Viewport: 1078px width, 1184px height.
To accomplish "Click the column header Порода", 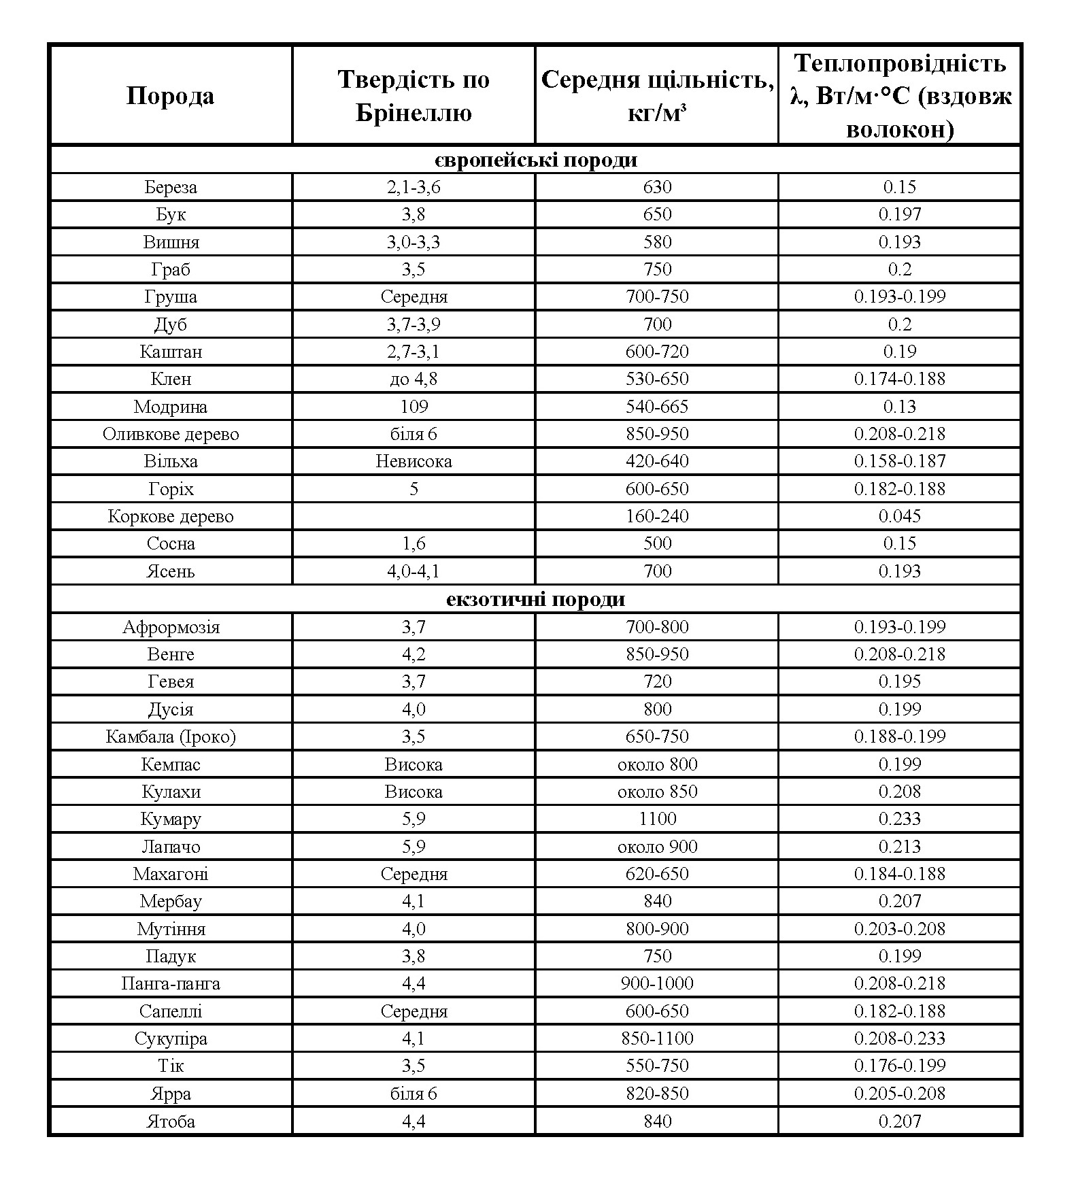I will pyautogui.click(x=170, y=96).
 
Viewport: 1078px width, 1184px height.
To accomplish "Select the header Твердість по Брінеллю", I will pyautogui.click(x=414, y=96).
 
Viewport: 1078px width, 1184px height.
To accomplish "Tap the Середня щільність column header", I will pyautogui.click(x=657, y=96).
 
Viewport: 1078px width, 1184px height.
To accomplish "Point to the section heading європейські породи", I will pyautogui.click(x=536, y=160).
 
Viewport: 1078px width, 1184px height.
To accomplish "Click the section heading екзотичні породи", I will pyautogui.click(x=536, y=599).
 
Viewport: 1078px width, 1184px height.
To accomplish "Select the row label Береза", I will pyautogui.click(x=171, y=187).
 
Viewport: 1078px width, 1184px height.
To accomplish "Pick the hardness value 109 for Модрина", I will pyautogui.click(x=414, y=407).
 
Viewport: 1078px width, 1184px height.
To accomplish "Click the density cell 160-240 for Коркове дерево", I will pyautogui.click(x=657, y=516).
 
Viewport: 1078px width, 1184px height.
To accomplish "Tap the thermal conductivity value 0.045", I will pyautogui.click(x=899, y=516).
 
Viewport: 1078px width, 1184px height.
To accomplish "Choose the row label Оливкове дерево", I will pyautogui.click(x=171, y=434).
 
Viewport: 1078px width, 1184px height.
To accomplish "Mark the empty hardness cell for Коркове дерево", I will pyautogui.click(x=414, y=516).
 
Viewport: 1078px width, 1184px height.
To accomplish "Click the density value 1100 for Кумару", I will pyautogui.click(x=657, y=819).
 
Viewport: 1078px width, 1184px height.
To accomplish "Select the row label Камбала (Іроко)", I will pyautogui.click(x=171, y=737).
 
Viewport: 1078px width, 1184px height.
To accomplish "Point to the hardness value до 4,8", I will pyautogui.click(x=414, y=379).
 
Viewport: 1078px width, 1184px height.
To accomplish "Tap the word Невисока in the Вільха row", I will pyautogui.click(x=414, y=461).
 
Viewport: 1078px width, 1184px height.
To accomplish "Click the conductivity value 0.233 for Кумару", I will pyautogui.click(x=899, y=819).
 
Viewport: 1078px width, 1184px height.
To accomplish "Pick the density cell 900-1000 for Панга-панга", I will pyautogui.click(x=657, y=983).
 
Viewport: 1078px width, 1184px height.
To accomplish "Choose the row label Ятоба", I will pyautogui.click(x=171, y=1121).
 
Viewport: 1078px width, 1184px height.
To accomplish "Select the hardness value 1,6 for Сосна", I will pyautogui.click(x=414, y=543).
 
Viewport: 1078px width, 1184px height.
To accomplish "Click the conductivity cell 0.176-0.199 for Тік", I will pyautogui.click(x=899, y=1066).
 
